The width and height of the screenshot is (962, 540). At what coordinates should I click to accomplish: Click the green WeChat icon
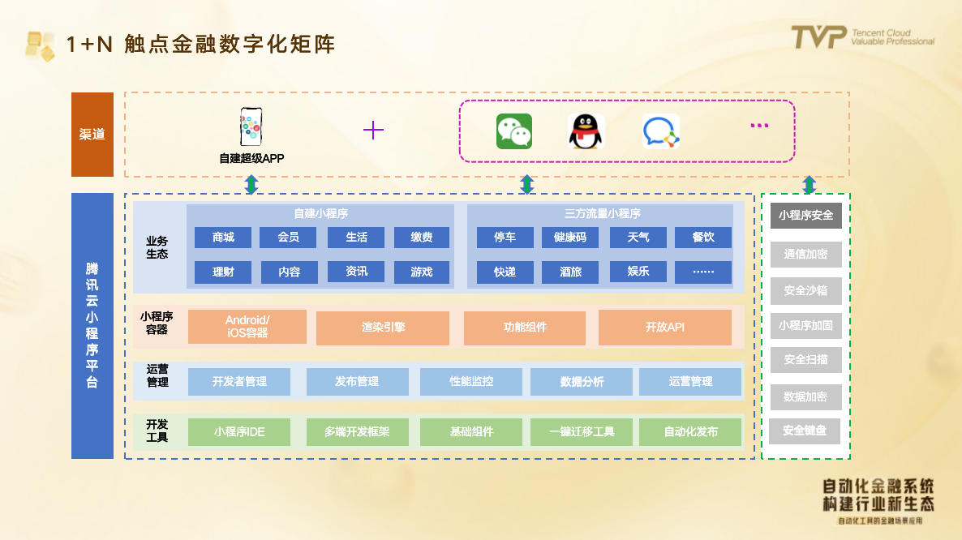513,131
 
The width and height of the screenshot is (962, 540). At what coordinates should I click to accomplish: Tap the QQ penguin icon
586,131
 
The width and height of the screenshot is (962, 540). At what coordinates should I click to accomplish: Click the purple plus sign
373,130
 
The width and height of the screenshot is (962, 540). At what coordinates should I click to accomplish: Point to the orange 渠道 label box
92,135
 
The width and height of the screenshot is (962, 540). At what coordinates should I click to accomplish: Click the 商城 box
223,238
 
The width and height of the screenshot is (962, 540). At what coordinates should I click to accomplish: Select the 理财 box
223,272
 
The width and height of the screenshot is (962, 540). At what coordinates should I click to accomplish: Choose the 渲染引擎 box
383,328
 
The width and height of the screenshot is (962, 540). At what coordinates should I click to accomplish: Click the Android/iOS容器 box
247,327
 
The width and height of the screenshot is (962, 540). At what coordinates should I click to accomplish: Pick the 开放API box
665,328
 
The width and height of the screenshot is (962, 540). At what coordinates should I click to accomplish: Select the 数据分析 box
582,382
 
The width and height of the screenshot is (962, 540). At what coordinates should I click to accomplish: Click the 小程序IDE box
239,432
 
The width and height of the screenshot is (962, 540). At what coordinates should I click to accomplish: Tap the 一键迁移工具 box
582,432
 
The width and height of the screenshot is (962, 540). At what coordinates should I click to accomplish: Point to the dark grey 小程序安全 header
805,216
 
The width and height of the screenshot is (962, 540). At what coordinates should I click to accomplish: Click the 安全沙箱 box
805,290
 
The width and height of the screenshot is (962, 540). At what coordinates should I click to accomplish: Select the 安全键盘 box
805,431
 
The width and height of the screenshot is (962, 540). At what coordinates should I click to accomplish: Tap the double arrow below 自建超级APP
251,185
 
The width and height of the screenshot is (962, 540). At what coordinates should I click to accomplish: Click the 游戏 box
422,272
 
